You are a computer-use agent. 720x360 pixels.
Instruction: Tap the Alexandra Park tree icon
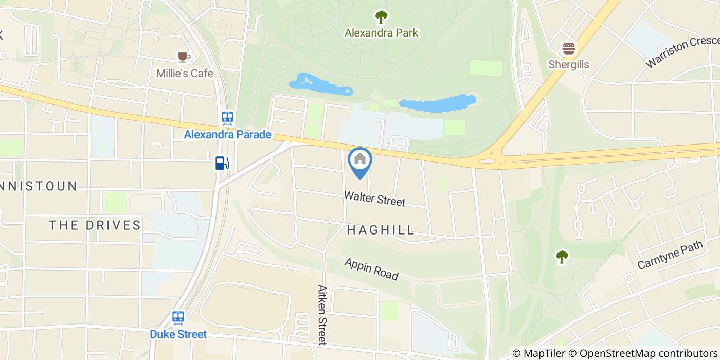click(x=381, y=17)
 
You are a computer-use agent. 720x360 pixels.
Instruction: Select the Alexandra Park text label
click(x=381, y=33)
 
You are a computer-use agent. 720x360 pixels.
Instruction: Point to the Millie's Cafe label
click(x=185, y=74)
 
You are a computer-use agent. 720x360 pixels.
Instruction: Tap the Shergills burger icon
click(x=568, y=49)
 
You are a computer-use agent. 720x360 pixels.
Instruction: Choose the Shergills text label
click(x=568, y=65)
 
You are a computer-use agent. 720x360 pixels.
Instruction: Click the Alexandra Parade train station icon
click(x=227, y=118)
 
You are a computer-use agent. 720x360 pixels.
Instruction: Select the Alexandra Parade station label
click(x=227, y=135)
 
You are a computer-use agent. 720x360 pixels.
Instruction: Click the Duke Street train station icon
click(x=178, y=317)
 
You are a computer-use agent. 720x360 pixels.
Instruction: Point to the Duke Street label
click(x=178, y=334)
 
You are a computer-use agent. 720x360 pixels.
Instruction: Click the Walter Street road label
click(x=374, y=199)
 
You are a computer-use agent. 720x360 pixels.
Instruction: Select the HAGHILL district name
click(x=381, y=230)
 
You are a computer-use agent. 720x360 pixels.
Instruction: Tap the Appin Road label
click(x=371, y=269)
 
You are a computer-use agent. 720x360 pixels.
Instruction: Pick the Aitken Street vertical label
click(x=322, y=315)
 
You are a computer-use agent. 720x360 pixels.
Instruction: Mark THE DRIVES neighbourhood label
click(x=95, y=225)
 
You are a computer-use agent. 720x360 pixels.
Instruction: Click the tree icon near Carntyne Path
click(x=562, y=256)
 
